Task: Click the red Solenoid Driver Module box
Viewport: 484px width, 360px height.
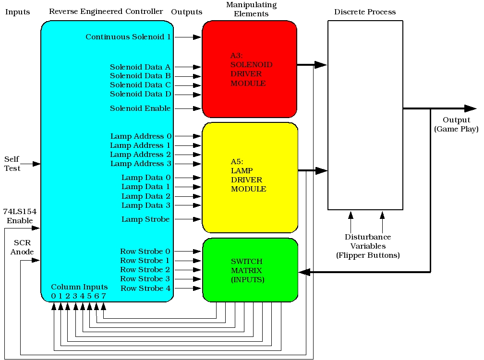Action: (x=250, y=70)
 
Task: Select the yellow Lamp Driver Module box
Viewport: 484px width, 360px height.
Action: (x=250, y=178)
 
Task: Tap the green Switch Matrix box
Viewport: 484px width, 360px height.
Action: (x=250, y=270)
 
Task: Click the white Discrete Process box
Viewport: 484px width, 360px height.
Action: (x=365, y=115)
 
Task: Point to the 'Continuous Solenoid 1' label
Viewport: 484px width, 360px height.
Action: (x=128, y=37)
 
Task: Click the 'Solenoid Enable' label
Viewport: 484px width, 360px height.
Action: (x=140, y=108)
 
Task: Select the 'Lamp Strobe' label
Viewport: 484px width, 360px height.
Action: (x=145, y=219)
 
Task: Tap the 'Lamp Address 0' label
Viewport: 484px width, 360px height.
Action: (x=141, y=136)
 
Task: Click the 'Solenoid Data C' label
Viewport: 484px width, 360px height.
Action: (x=140, y=85)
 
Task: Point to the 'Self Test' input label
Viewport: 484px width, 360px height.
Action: (x=12, y=164)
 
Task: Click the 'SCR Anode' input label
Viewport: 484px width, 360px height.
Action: (x=23, y=247)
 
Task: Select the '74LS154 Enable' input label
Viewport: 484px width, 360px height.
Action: (x=20, y=216)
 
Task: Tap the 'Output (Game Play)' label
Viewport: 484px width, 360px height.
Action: (x=456, y=124)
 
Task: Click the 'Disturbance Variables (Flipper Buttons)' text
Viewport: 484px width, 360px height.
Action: (x=368, y=246)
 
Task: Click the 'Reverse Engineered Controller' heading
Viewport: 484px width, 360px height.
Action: (x=106, y=11)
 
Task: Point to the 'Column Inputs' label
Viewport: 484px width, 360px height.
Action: (x=80, y=287)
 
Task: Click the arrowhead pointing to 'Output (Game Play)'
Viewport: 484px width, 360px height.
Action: (x=470, y=108)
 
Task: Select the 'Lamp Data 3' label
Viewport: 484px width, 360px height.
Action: (x=146, y=205)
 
